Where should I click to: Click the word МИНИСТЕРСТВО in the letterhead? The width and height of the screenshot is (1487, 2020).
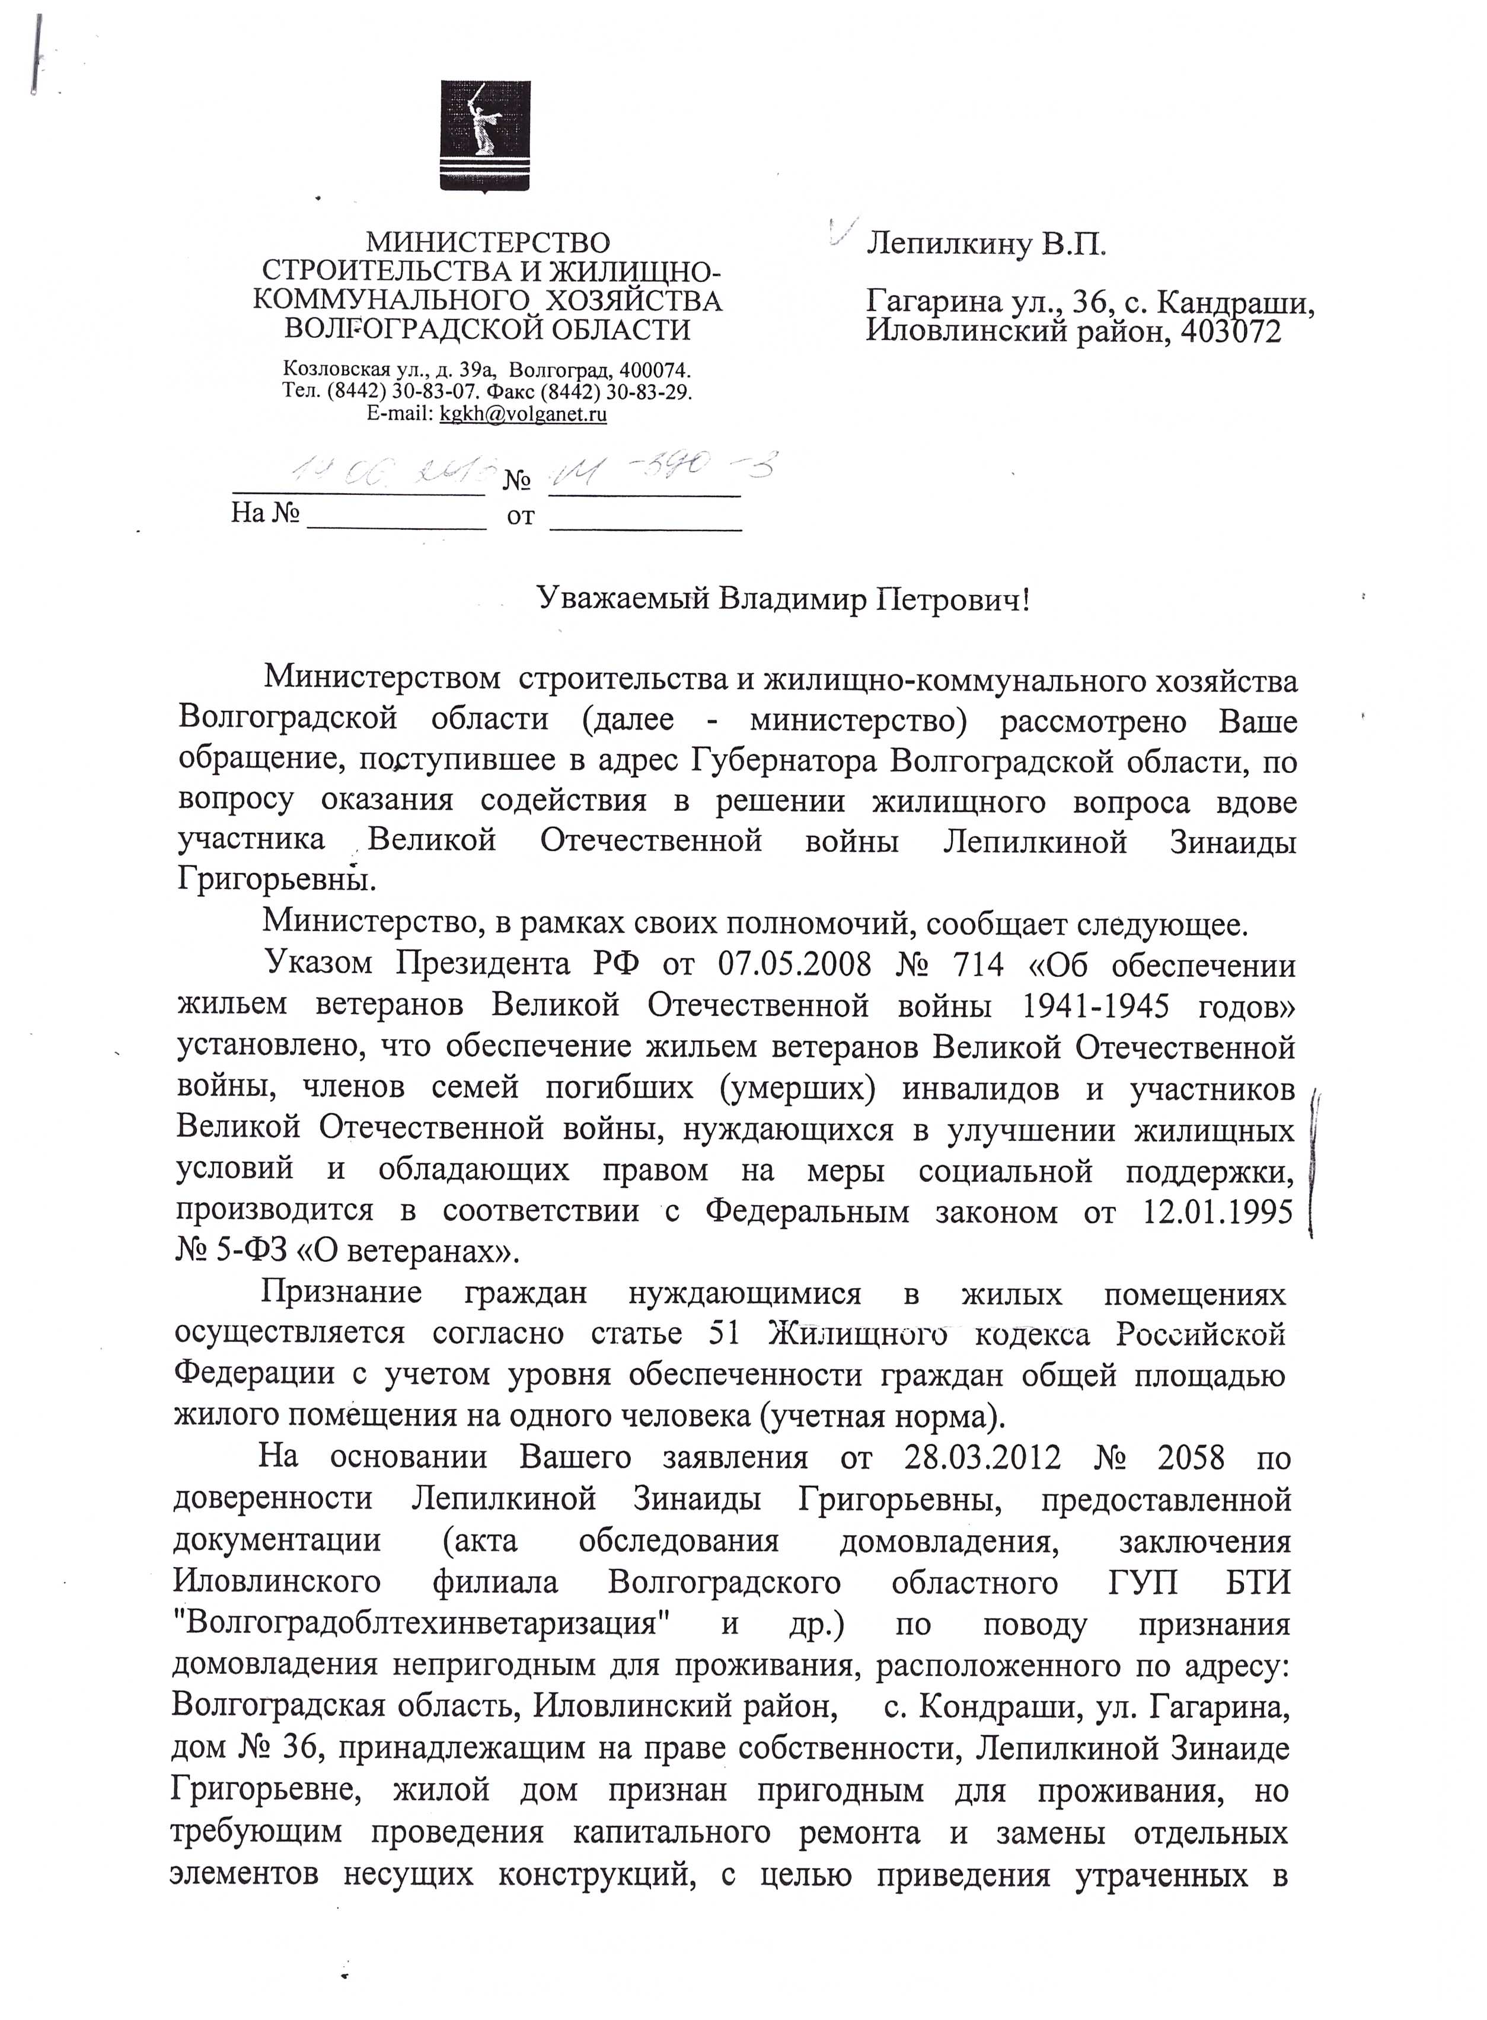tap(487, 243)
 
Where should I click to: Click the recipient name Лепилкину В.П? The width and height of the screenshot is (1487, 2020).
tap(985, 245)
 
